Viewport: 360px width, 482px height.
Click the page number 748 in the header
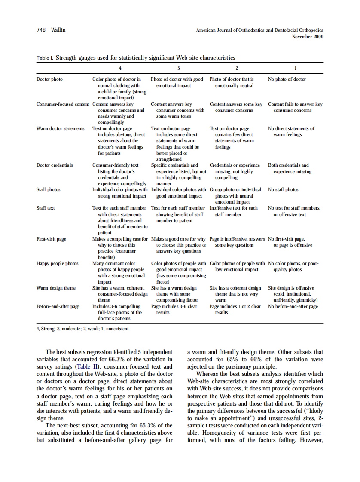(x=41, y=30)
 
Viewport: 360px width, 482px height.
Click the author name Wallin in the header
(x=58, y=30)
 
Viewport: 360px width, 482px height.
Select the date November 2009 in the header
(x=308, y=37)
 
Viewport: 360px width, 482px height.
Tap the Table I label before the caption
(x=45, y=58)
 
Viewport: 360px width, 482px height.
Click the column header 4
(x=120, y=68)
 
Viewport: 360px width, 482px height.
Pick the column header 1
(x=295, y=68)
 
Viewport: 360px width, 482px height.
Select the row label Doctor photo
(x=49, y=79)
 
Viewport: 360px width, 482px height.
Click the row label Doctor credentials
(x=55, y=165)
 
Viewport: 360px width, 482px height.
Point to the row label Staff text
(x=46, y=208)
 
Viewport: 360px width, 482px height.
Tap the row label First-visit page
(x=51, y=239)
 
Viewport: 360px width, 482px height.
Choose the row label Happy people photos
(x=57, y=263)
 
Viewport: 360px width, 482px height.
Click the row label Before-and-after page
(x=58, y=307)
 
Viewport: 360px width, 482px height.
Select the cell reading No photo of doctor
(x=287, y=79)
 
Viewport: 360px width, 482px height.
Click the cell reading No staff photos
(x=283, y=190)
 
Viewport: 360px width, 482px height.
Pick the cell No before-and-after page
(x=293, y=307)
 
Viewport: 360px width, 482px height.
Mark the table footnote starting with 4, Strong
(x=83, y=329)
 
